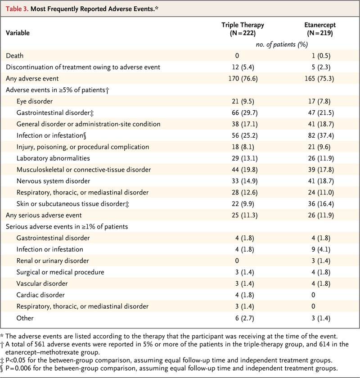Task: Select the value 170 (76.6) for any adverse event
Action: coord(242,79)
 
